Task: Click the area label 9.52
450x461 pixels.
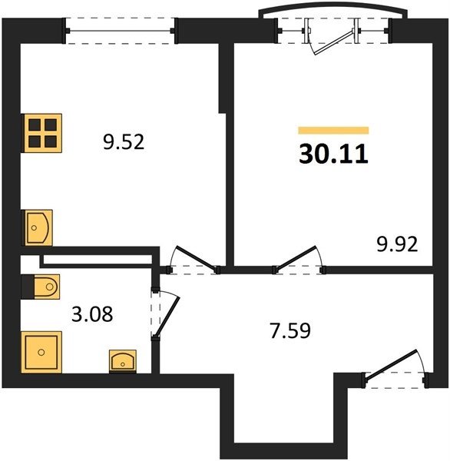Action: pos(124,142)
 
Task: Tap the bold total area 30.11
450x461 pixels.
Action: pos(333,154)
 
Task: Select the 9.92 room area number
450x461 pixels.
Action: pos(397,244)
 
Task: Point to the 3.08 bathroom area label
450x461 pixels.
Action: pos(92,314)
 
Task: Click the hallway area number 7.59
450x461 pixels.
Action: pos(290,330)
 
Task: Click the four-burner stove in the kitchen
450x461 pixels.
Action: pos(42,133)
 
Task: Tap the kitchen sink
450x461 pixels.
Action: pos(38,227)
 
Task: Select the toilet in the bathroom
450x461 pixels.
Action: pos(47,287)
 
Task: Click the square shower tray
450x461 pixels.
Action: pos(41,352)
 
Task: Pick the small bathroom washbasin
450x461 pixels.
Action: pos(123,361)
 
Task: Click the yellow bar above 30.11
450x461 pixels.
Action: pos(333,131)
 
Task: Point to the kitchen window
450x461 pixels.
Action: pos(120,31)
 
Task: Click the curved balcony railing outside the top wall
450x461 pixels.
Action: pos(333,10)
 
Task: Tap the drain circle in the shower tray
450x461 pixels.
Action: pos(41,352)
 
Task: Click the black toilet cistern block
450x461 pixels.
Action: pos(28,287)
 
